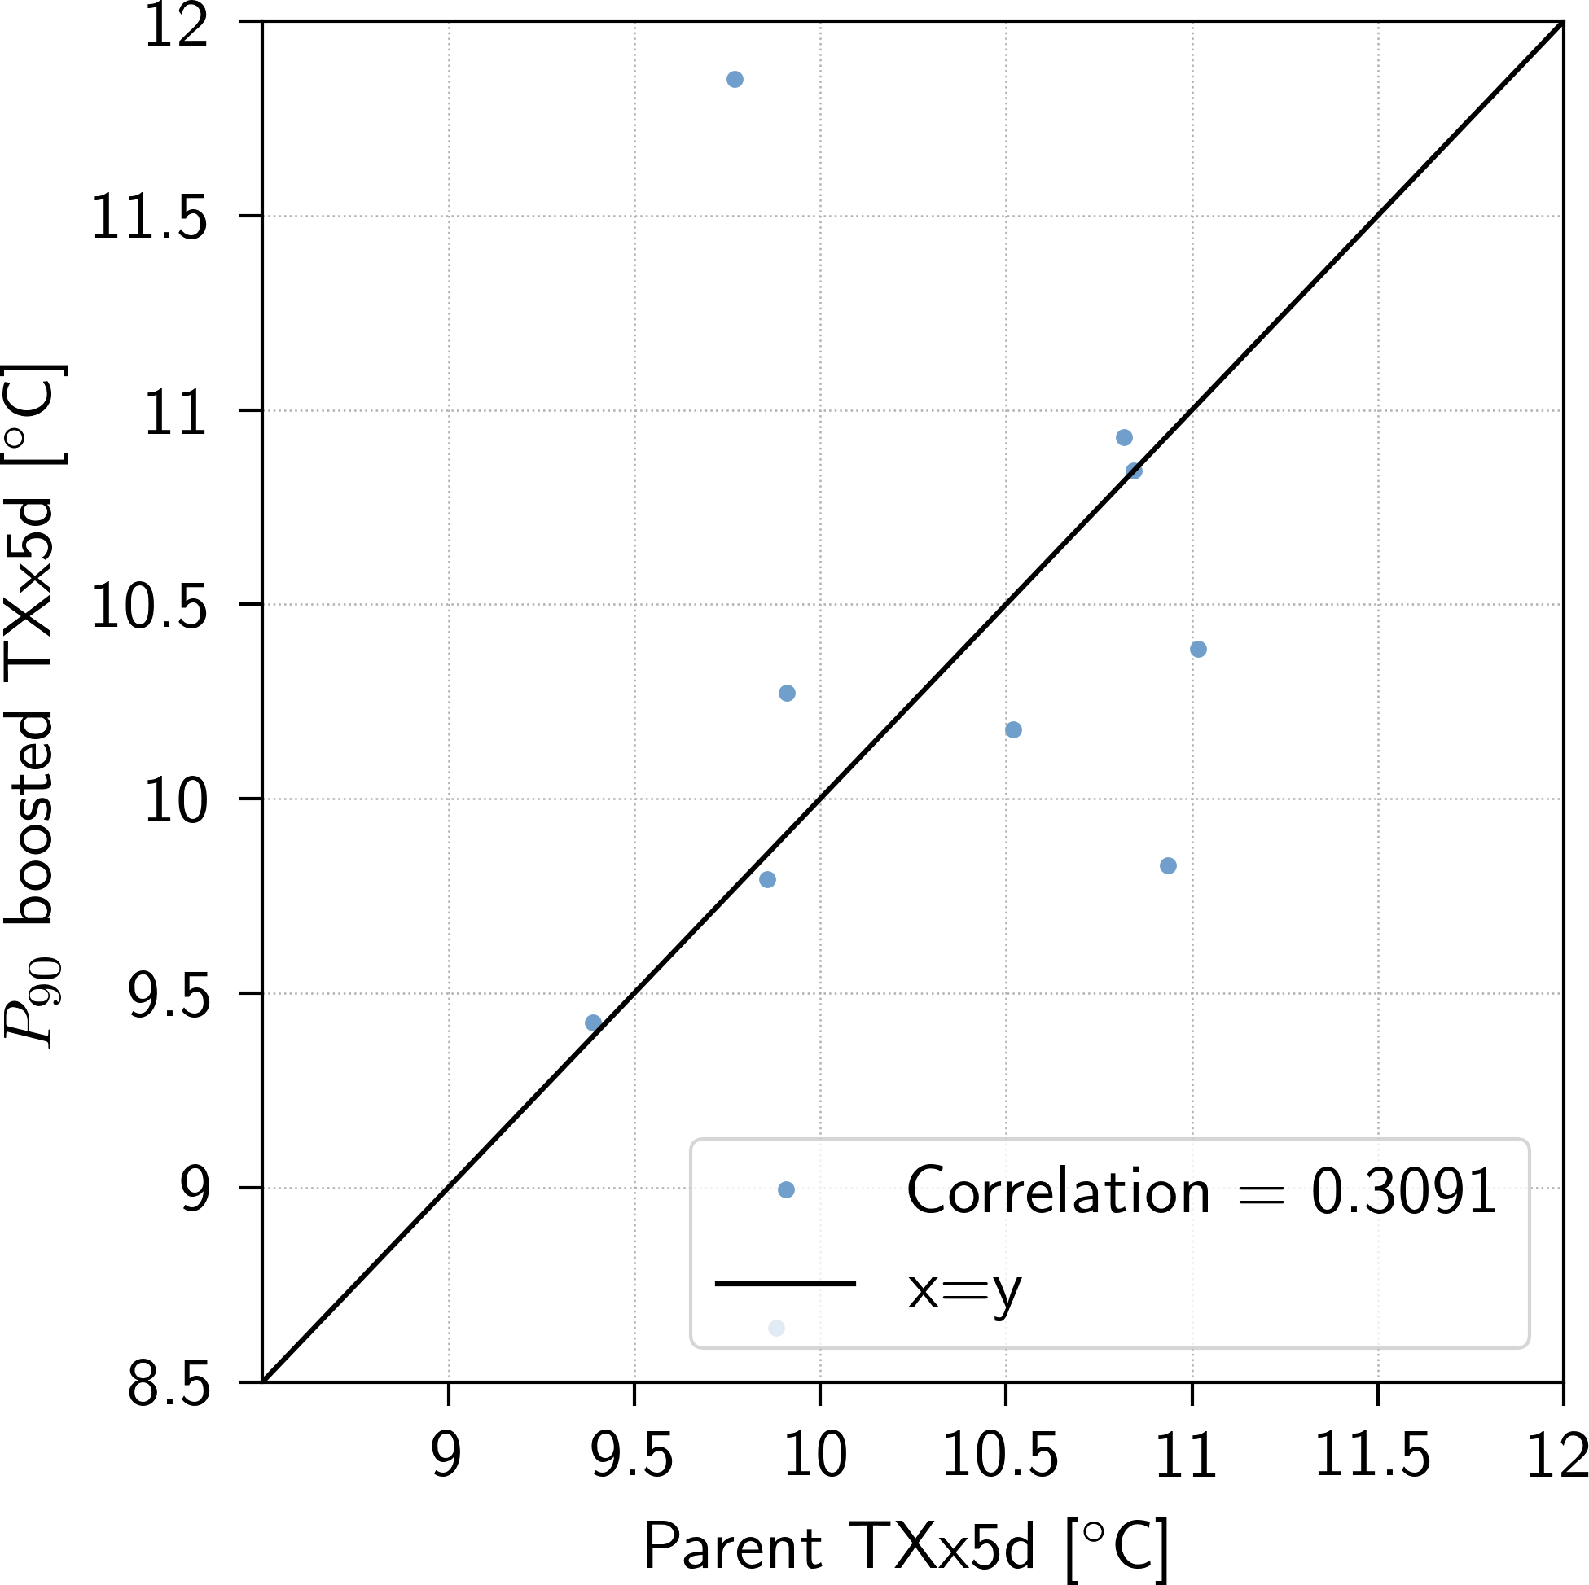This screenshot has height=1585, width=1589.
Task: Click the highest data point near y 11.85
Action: pos(735,80)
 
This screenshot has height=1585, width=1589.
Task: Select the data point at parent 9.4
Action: pos(593,1022)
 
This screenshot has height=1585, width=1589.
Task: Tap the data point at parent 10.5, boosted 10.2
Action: pos(1013,730)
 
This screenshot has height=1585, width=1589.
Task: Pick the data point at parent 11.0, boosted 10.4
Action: pos(1198,650)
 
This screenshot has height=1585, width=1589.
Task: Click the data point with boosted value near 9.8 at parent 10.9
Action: pos(1168,865)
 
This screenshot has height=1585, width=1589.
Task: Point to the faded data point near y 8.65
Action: pos(776,1328)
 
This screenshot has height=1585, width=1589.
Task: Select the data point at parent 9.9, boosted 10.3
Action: pos(787,693)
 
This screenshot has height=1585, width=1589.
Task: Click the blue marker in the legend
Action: pos(786,1189)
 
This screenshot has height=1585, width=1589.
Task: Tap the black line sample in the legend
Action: pos(785,1283)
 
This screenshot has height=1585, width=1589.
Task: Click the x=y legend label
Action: pos(964,1288)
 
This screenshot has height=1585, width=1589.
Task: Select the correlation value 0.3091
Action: pos(1403,1191)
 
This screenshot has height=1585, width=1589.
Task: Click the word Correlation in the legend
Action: pos(1058,1191)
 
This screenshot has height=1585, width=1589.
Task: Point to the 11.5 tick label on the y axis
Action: pos(149,218)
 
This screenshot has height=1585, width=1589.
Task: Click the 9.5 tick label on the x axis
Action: pos(633,1456)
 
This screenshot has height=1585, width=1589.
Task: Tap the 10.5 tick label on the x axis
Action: pos(1000,1456)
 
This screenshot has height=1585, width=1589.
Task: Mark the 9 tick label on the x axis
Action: pos(446,1456)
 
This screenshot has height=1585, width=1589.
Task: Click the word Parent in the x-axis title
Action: pos(731,1548)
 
